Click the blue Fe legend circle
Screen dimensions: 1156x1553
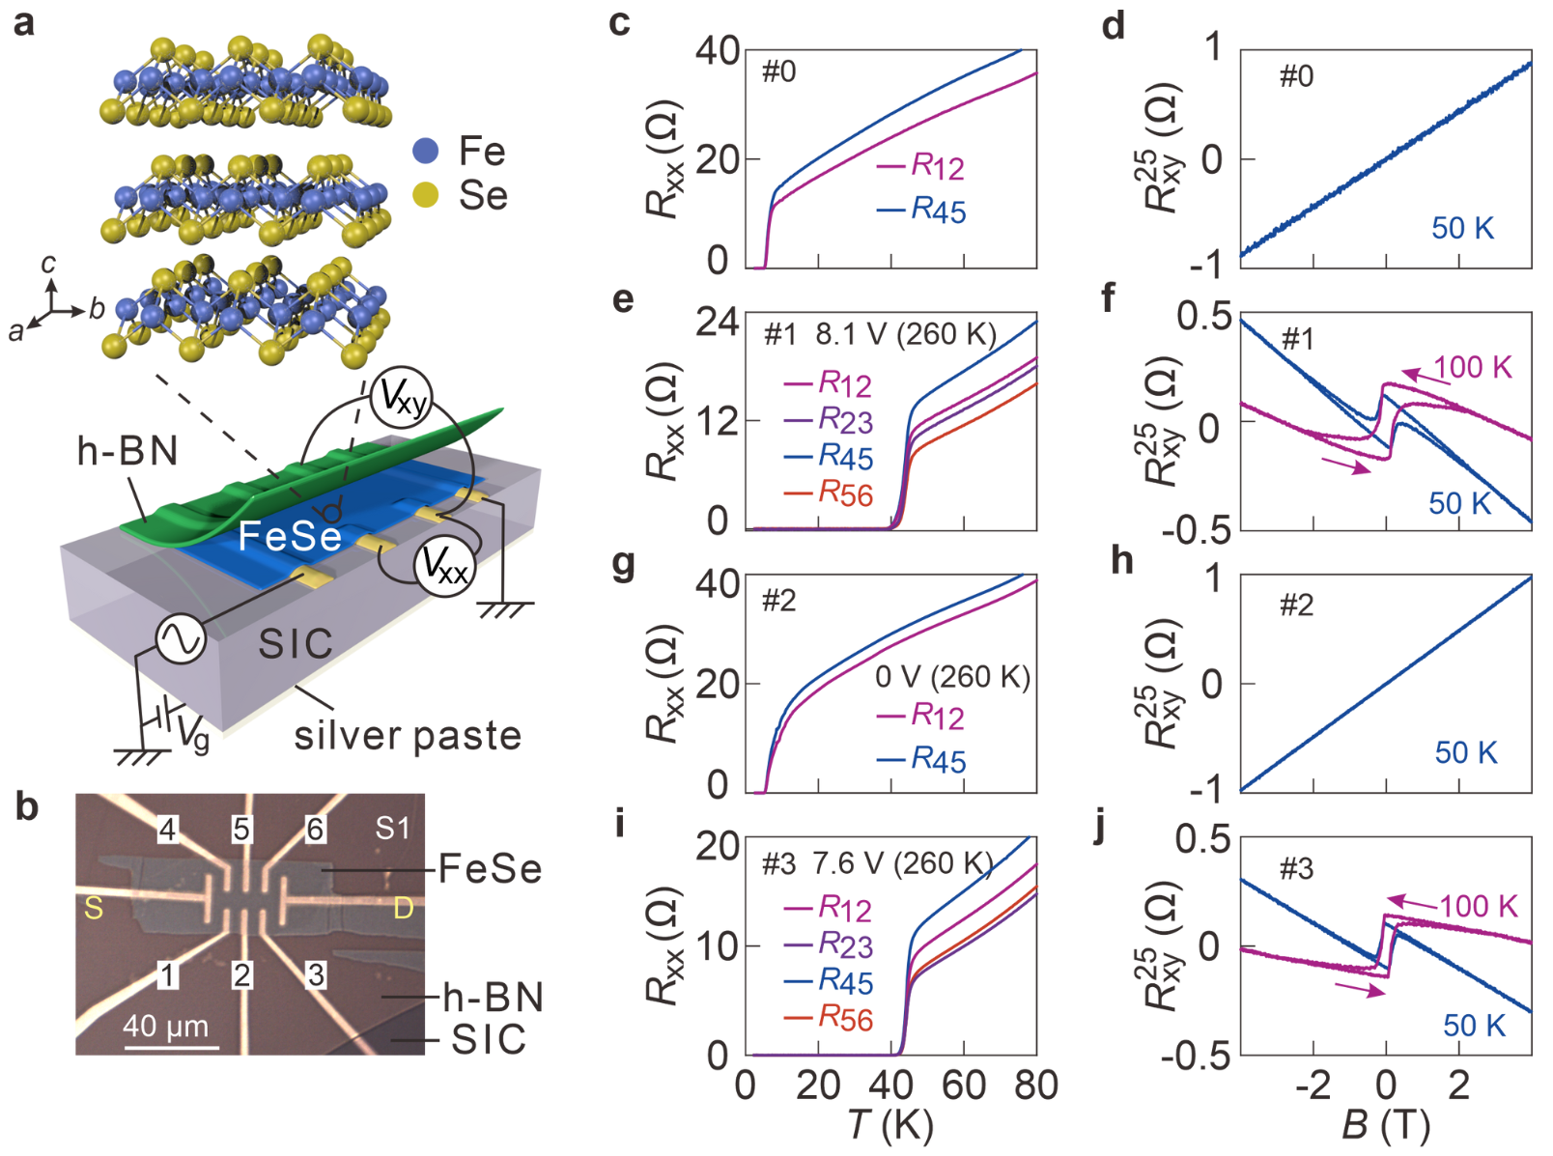pos(425,151)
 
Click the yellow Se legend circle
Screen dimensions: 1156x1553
pos(425,195)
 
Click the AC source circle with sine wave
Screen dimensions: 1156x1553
pos(182,639)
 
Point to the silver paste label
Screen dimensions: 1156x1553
pos(408,736)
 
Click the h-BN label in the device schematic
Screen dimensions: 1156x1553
pos(127,451)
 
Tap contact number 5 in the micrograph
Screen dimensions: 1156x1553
pos(241,829)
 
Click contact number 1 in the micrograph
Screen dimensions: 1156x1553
pos(168,975)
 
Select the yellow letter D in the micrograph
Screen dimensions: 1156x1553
pos(403,908)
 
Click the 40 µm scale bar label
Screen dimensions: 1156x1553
pos(166,1026)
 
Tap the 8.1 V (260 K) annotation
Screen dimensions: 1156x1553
pos(905,334)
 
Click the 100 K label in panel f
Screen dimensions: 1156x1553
pos(1472,367)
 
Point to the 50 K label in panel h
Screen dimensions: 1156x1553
pos(1465,752)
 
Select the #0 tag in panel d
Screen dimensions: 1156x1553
pos(1296,76)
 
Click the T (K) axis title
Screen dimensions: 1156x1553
pos(889,1125)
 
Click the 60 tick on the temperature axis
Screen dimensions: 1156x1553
pos(963,1086)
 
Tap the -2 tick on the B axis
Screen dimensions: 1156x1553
pos(1313,1086)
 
